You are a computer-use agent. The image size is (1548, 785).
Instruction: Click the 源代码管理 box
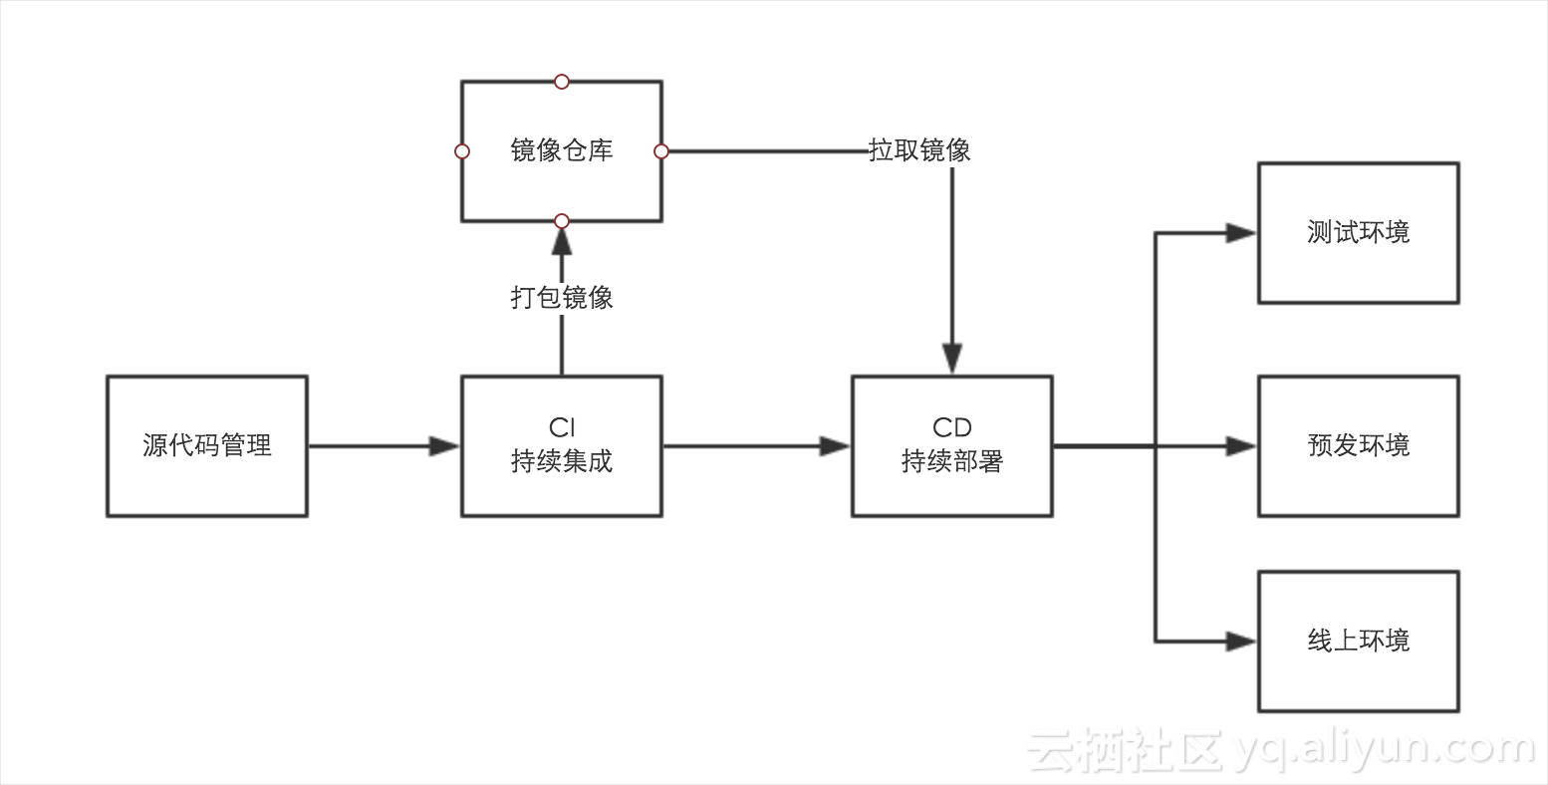[x=206, y=445]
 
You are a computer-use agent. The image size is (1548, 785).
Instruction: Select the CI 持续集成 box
[x=561, y=445]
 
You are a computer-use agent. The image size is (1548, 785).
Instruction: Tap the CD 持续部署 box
[x=951, y=445]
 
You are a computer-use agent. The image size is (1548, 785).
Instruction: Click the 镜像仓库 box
[x=561, y=150]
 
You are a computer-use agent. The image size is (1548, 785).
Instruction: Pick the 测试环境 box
[x=1358, y=232]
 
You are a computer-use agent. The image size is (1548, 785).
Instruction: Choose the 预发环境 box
[x=1358, y=445]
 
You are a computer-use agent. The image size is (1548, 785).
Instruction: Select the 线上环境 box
[x=1358, y=641]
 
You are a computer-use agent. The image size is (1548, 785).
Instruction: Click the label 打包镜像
[x=562, y=297]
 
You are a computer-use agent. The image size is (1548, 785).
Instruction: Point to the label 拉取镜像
[x=919, y=150]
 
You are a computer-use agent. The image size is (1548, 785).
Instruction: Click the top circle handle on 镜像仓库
[x=562, y=81]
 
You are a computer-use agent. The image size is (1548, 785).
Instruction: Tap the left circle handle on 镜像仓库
[x=461, y=151]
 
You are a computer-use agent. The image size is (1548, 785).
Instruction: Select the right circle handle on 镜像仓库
[x=661, y=151]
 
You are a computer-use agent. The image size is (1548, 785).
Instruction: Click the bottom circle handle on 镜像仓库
[x=562, y=220]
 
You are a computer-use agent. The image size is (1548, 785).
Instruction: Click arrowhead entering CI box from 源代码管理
[x=444, y=446]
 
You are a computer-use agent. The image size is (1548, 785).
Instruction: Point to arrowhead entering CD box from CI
[x=835, y=446]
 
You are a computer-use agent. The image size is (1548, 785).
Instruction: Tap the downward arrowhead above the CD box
[x=952, y=359]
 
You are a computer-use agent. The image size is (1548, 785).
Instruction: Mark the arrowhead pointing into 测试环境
[x=1241, y=233]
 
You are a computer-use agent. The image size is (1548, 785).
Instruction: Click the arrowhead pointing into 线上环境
[x=1241, y=642]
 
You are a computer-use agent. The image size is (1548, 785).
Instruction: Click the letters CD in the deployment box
[x=951, y=427]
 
